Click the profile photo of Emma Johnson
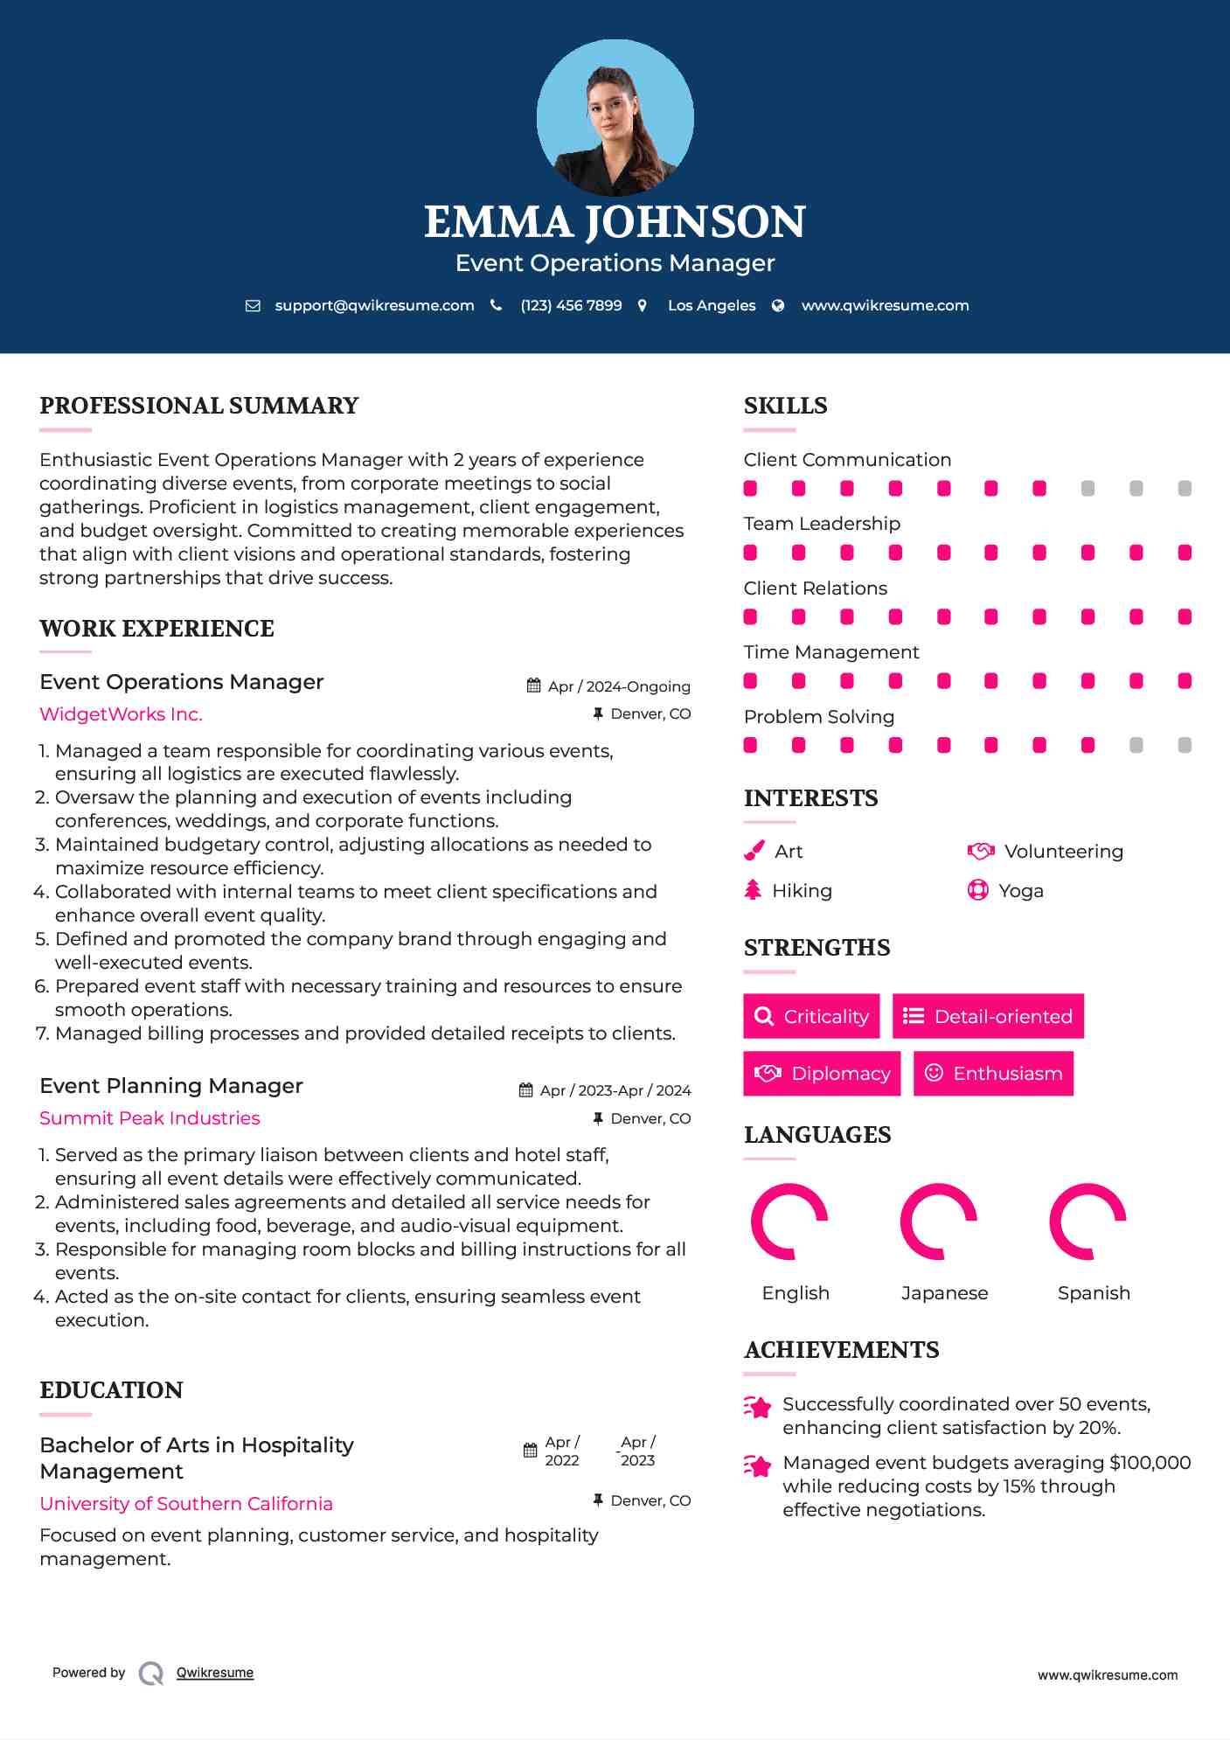click(615, 117)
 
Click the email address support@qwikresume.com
click(374, 305)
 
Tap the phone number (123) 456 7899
click(571, 305)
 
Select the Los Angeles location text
click(712, 305)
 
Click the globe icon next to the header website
click(778, 305)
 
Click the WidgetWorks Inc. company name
click(121, 714)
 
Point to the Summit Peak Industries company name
click(149, 1118)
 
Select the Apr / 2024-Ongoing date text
click(619, 686)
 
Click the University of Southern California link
click(186, 1504)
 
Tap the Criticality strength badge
click(811, 1016)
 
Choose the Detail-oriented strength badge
click(988, 1016)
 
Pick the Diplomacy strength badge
click(822, 1074)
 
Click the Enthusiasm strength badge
click(993, 1074)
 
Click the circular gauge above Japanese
click(939, 1221)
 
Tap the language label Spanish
click(1094, 1293)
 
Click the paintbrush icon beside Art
click(754, 851)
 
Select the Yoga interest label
click(1021, 891)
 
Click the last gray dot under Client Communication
click(1185, 489)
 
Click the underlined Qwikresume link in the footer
click(215, 1673)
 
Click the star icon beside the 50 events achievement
click(758, 1407)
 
